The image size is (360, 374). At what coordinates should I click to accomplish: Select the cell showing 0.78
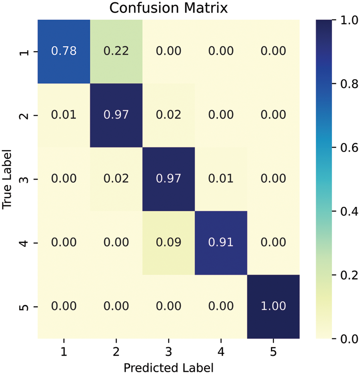64,51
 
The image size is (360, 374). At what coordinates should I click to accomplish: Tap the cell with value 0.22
116,51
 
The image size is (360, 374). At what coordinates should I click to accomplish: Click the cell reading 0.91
221,243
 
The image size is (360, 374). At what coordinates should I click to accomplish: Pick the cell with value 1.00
273,307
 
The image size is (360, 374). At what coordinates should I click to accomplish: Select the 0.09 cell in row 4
168,243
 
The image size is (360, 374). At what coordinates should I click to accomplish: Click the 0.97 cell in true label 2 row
116,115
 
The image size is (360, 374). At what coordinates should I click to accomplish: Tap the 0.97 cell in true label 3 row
168,179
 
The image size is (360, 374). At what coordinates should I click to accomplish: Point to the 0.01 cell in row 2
64,115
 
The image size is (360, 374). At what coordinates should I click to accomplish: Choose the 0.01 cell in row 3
221,179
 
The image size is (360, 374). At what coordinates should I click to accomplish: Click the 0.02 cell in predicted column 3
168,115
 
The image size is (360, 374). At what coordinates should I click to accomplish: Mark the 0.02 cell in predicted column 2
116,179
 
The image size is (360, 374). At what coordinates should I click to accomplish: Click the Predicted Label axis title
168,367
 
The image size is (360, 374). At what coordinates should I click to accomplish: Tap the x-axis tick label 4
221,352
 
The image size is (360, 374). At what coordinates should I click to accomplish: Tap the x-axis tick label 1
64,352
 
